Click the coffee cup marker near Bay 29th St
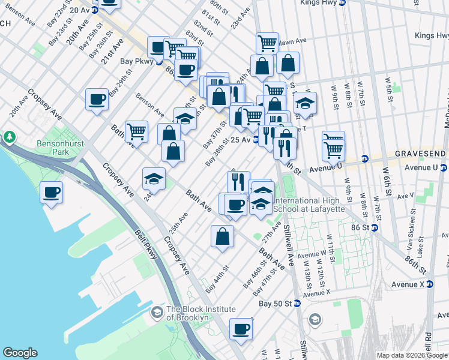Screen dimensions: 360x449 97,99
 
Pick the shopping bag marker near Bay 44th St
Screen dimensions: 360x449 222,236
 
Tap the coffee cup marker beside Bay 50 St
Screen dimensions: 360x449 241,329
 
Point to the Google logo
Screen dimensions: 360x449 20,353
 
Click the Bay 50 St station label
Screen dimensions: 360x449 275,304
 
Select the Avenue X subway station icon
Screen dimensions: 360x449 430,284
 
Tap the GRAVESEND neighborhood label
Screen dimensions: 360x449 421,154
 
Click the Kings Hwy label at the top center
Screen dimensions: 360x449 319,3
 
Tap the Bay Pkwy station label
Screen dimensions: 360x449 134,61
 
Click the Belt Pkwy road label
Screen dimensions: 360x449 146,245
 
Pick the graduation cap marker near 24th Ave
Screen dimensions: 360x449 154,178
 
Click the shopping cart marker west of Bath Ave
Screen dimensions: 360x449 137,130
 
